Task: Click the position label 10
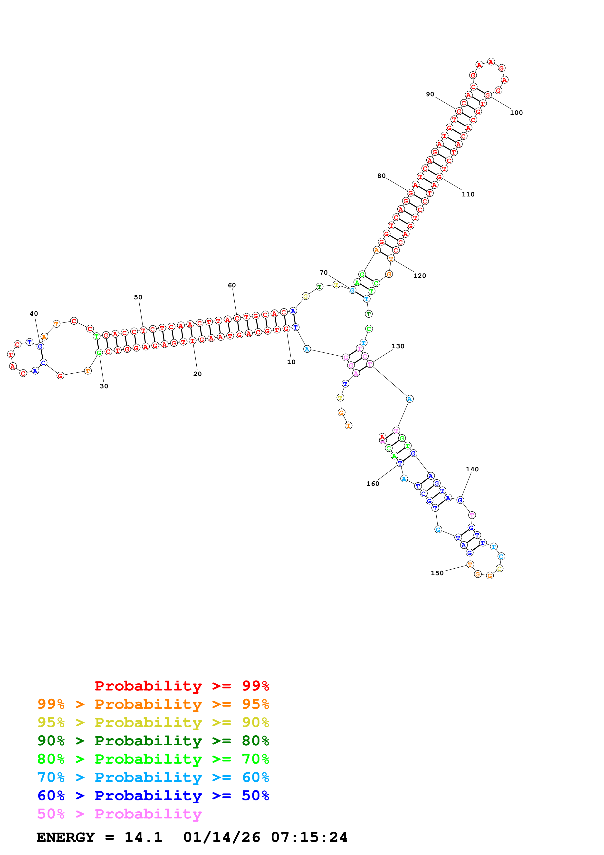[291, 362]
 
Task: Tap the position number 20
[197, 374]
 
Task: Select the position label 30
[104, 386]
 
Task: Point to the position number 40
[34, 313]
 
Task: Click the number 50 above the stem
[138, 297]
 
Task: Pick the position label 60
[232, 285]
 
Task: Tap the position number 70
[323, 272]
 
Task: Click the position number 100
[516, 113]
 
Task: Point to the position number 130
[398, 346]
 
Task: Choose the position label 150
[437, 573]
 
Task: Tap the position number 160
[373, 484]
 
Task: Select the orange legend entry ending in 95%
[153, 704]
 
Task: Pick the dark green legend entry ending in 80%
[153, 741]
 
